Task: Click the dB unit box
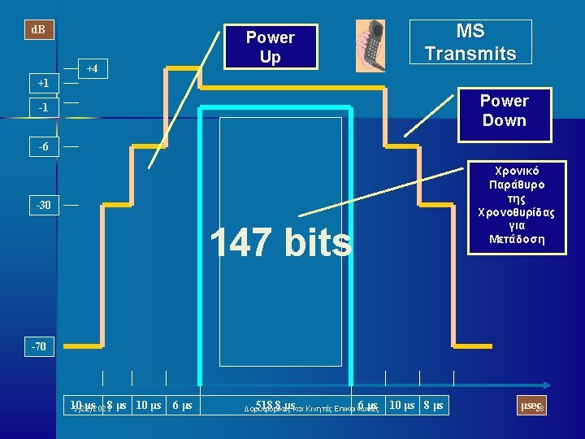pyautogui.click(x=38, y=31)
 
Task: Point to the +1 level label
pyautogui.click(x=43, y=83)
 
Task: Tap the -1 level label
pyautogui.click(x=43, y=107)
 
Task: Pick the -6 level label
pyautogui.click(x=43, y=147)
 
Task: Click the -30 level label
pyautogui.click(x=43, y=205)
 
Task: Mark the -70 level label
pyautogui.click(x=39, y=347)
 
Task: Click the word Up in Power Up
pyautogui.click(x=270, y=57)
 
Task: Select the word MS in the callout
pyautogui.click(x=470, y=32)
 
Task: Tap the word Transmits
pyautogui.click(x=470, y=54)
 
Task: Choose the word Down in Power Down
pyautogui.click(x=504, y=120)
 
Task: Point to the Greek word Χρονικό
pyautogui.click(x=515, y=172)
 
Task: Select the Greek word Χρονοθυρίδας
pyautogui.click(x=515, y=212)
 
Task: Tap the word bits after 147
pyautogui.click(x=318, y=242)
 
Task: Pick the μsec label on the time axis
pyautogui.click(x=531, y=404)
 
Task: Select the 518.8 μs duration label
pyautogui.click(x=275, y=405)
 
